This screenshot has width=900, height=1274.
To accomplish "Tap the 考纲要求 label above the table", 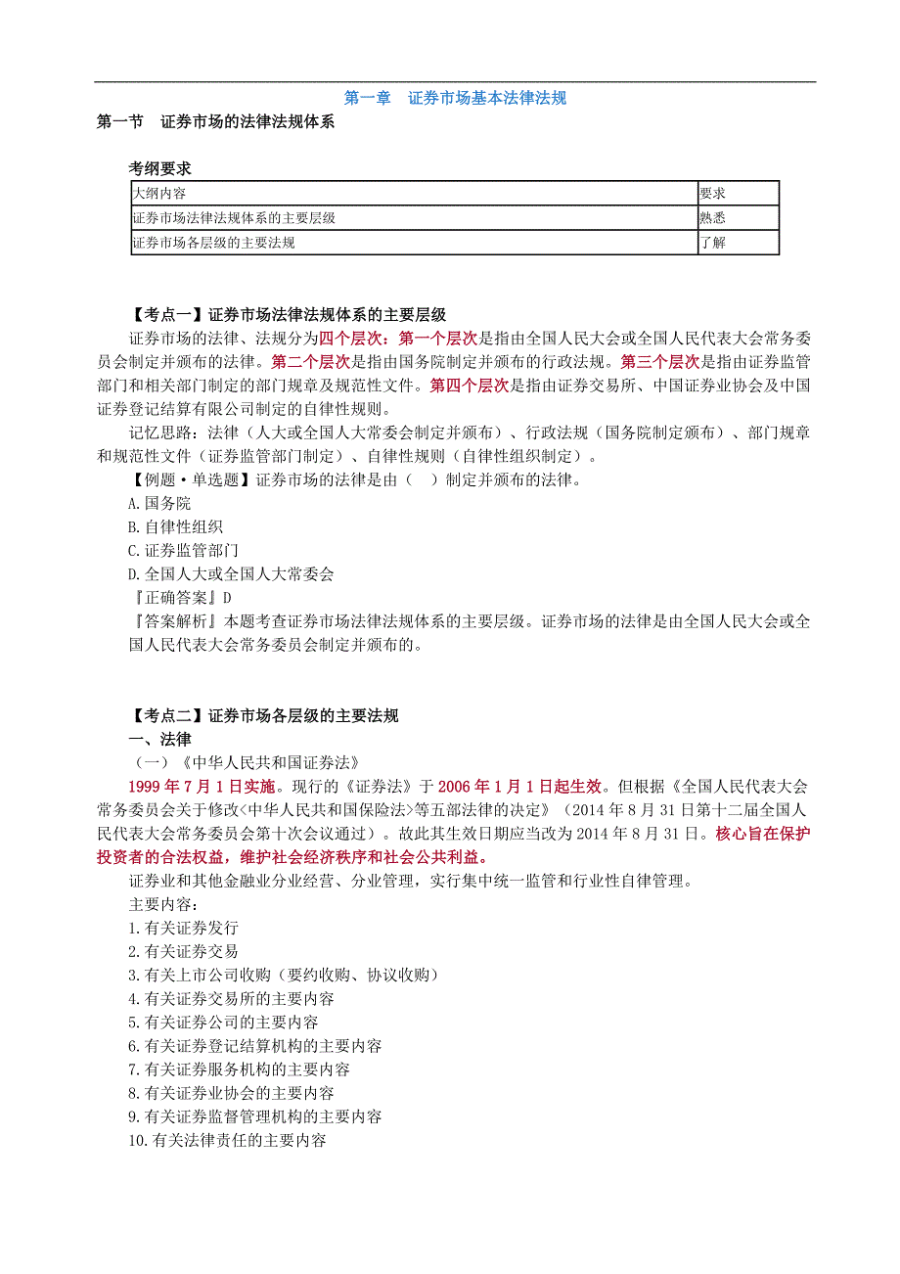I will point(160,168).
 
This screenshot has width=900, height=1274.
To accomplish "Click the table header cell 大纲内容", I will point(159,193).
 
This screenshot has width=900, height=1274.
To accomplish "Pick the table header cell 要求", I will point(712,193).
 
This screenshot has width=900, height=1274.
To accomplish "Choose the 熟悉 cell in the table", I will point(712,218).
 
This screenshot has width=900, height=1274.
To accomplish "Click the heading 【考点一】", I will point(166,315).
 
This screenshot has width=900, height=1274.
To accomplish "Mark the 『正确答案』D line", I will point(181,597).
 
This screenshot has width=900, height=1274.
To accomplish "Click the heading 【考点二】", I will point(166,716).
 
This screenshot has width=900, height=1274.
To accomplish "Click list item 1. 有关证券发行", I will point(183,928).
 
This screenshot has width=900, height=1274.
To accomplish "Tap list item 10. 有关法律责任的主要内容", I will point(227,1140).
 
